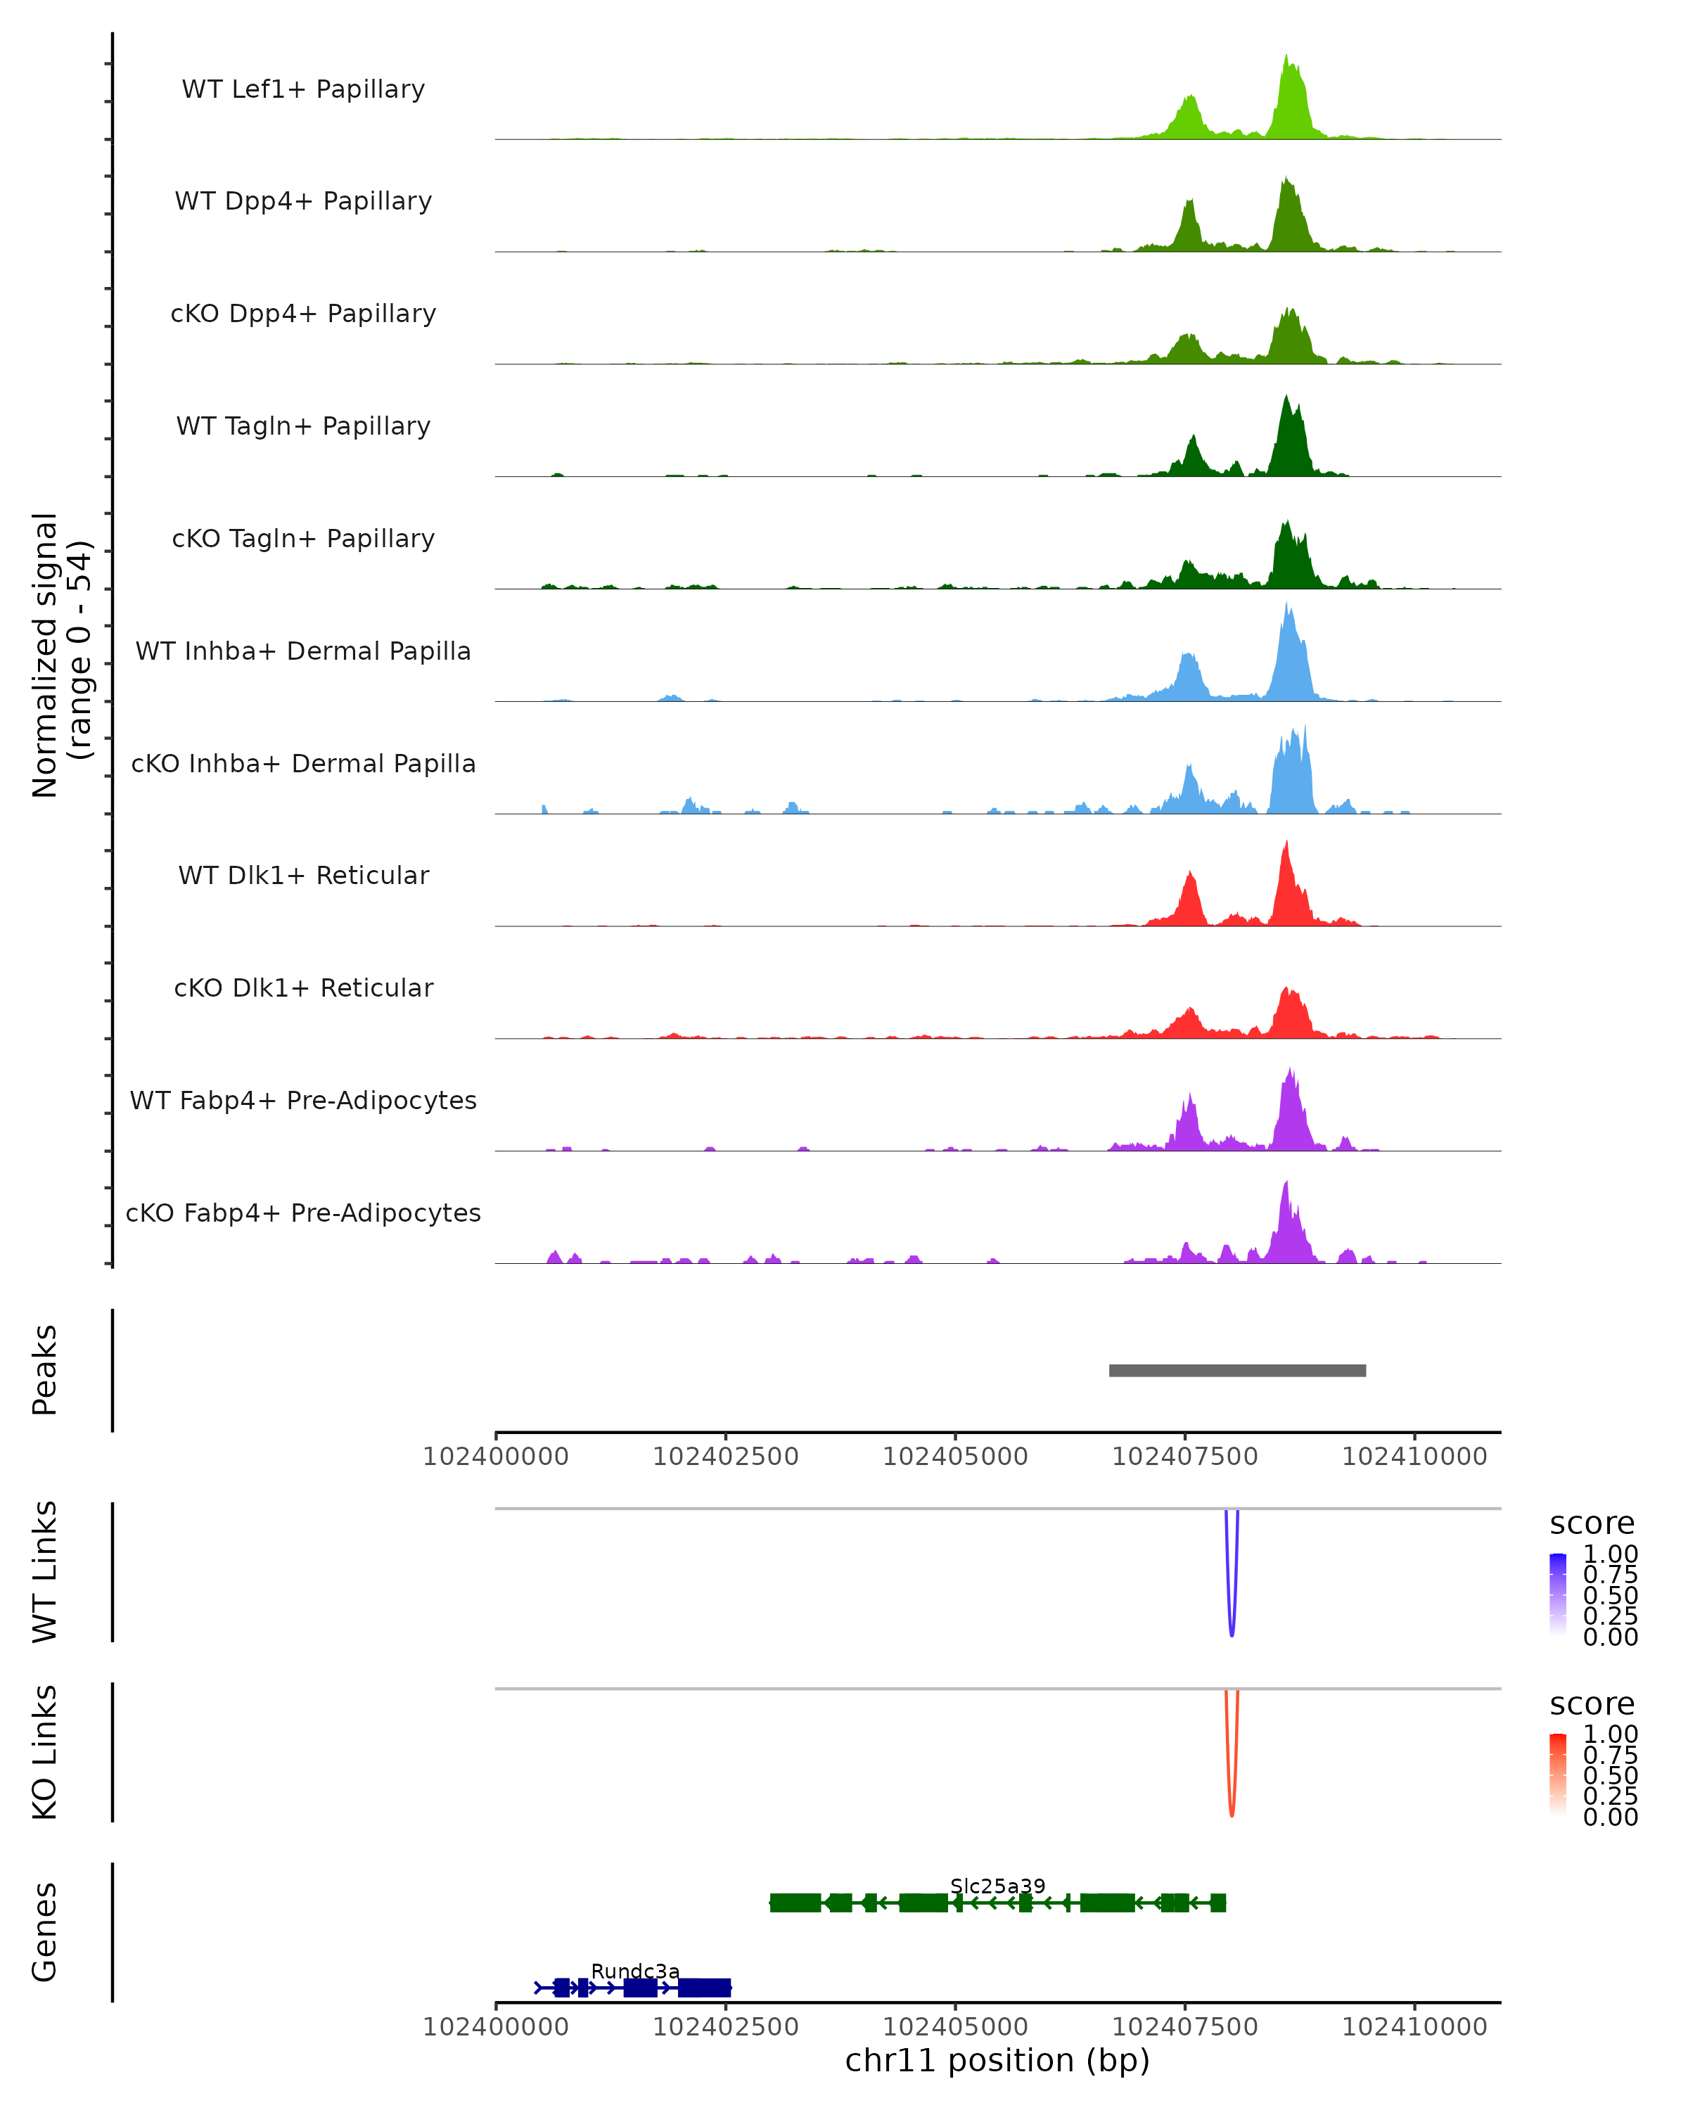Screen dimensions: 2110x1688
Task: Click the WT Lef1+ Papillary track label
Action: (303, 89)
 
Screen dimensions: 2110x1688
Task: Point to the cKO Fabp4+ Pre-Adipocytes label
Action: (303, 1213)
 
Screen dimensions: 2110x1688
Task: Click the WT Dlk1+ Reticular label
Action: (303, 875)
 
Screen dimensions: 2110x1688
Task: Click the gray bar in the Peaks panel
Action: (1237, 1370)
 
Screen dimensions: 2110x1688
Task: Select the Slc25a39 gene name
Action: (997, 1886)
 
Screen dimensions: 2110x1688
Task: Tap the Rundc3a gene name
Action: (635, 1971)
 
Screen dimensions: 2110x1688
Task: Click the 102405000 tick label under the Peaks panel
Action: (955, 1457)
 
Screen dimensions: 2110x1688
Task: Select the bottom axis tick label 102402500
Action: (725, 2027)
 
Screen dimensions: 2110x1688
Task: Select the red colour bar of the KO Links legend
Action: (1558, 1775)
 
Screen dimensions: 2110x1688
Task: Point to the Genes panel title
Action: (45, 1932)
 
